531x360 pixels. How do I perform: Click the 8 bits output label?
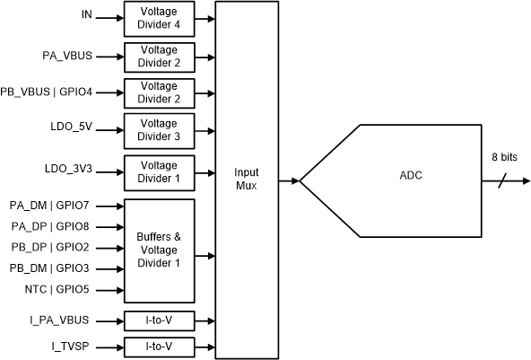[x=503, y=157]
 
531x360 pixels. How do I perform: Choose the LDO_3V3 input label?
[x=70, y=169]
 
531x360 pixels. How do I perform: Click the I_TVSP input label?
[x=75, y=346]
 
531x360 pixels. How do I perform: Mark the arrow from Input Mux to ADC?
[x=289, y=181]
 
